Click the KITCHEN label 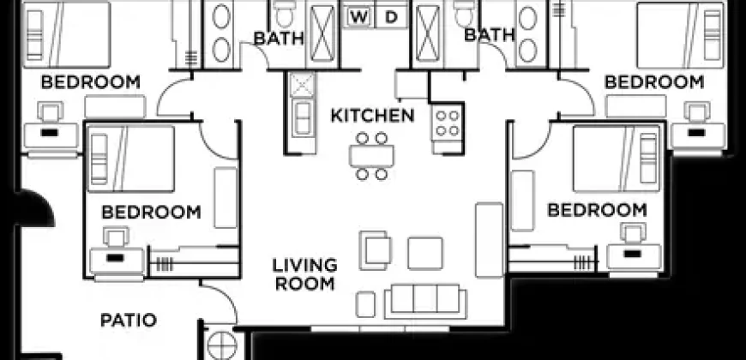click(x=372, y=116)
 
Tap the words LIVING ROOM click(x=304, y=274)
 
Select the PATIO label click(x=129, y=321)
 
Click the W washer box click(x=359, y=18)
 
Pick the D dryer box click(x=391, y=18)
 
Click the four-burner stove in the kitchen click(x=447, y=123)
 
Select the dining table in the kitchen click(x=371, y=156)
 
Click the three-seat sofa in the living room click(x=425, y=302)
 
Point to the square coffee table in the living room click(x=424, y=253)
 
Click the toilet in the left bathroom click(x=285, y=15)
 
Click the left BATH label click(x=279, y=39)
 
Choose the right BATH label click(x=489, y=35)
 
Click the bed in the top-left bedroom click(x=67, y=35)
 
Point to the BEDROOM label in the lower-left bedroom click(x=151, y=212)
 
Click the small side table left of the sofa click(x=365, y=304)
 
